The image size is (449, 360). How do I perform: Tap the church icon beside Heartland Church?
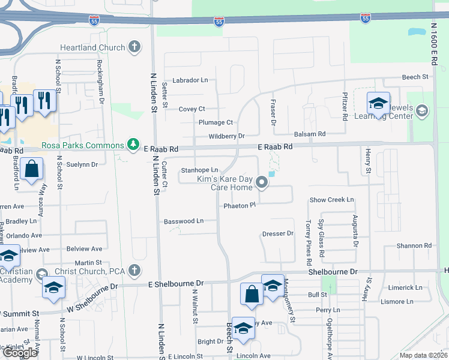pos(134,47)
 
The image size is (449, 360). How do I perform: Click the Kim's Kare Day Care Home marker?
pos(261,182)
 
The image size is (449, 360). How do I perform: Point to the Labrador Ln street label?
pos(190,80)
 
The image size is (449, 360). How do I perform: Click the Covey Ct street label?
pos(192,109)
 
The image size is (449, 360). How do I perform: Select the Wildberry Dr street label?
pos(226,136)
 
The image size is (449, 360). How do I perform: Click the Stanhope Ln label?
pos(199,170)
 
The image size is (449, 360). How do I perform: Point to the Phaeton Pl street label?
pos(240,205)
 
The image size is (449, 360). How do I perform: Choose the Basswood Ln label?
pos(184,221)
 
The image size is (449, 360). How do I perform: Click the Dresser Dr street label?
pos(277,233)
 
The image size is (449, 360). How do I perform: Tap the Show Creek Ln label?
pos(331,199)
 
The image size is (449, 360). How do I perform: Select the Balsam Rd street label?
pos(309,134)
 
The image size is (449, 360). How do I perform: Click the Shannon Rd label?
pos(414,245)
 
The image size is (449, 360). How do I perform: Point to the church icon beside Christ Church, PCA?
pos(134,271)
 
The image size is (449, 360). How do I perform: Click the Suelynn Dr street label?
pos(82,164)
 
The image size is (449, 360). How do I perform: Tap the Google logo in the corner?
pos(20,353)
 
